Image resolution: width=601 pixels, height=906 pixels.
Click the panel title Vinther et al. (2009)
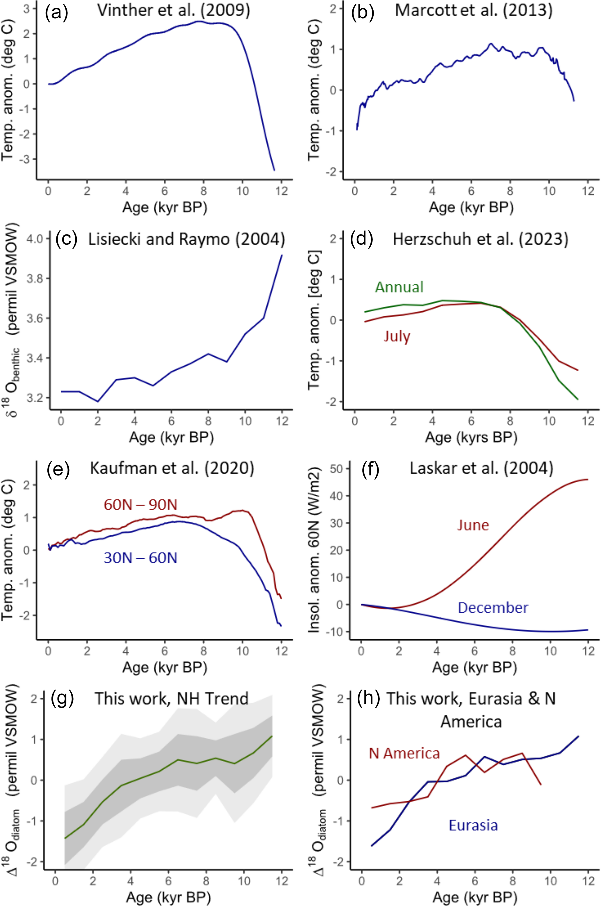click(x=174, y=11)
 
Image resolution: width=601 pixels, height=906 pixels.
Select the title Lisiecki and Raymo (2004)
click(x=187, y=239)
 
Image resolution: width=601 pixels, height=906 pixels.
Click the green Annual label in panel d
click(x=399, y=287)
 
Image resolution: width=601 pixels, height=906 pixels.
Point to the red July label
click(x=397, y=336)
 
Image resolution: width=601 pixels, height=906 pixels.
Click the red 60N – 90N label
click(x=141, y=505)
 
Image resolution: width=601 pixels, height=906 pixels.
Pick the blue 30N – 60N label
click(x=141, y=558)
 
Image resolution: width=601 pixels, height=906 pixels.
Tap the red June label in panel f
click(x=473, y=525)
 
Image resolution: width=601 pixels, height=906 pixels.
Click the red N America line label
click(x=404, y=753)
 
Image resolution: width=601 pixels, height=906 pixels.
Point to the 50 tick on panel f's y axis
click(x=339, y=469)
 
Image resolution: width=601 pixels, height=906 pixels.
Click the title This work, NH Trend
click(x=172, y=699)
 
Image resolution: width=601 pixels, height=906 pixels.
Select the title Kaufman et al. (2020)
click(x=172, y=469)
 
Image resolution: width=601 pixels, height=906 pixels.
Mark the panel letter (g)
click(x=62, y=699)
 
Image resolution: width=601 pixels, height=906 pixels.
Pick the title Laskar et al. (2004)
click(x=481, y=469)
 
